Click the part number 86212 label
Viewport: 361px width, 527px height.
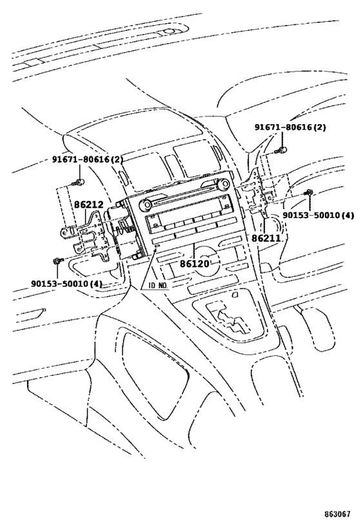tap(89, 204)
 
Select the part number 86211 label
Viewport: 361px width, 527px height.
tap(266, 237)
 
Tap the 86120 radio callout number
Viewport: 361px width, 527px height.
tap(194, 263)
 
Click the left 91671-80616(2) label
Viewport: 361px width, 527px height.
tap(88, 160)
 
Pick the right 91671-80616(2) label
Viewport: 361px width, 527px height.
tap(290, 127)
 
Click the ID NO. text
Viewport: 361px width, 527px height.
tap(159, 286)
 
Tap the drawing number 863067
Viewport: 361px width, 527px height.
tap(337, 514)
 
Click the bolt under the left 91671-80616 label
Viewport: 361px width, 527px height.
tap(79, 183)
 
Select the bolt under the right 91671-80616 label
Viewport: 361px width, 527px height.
tap(281, 150)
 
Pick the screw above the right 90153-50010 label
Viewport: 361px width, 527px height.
tap(307, 192)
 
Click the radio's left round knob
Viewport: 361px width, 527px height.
tap(145, 205)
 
